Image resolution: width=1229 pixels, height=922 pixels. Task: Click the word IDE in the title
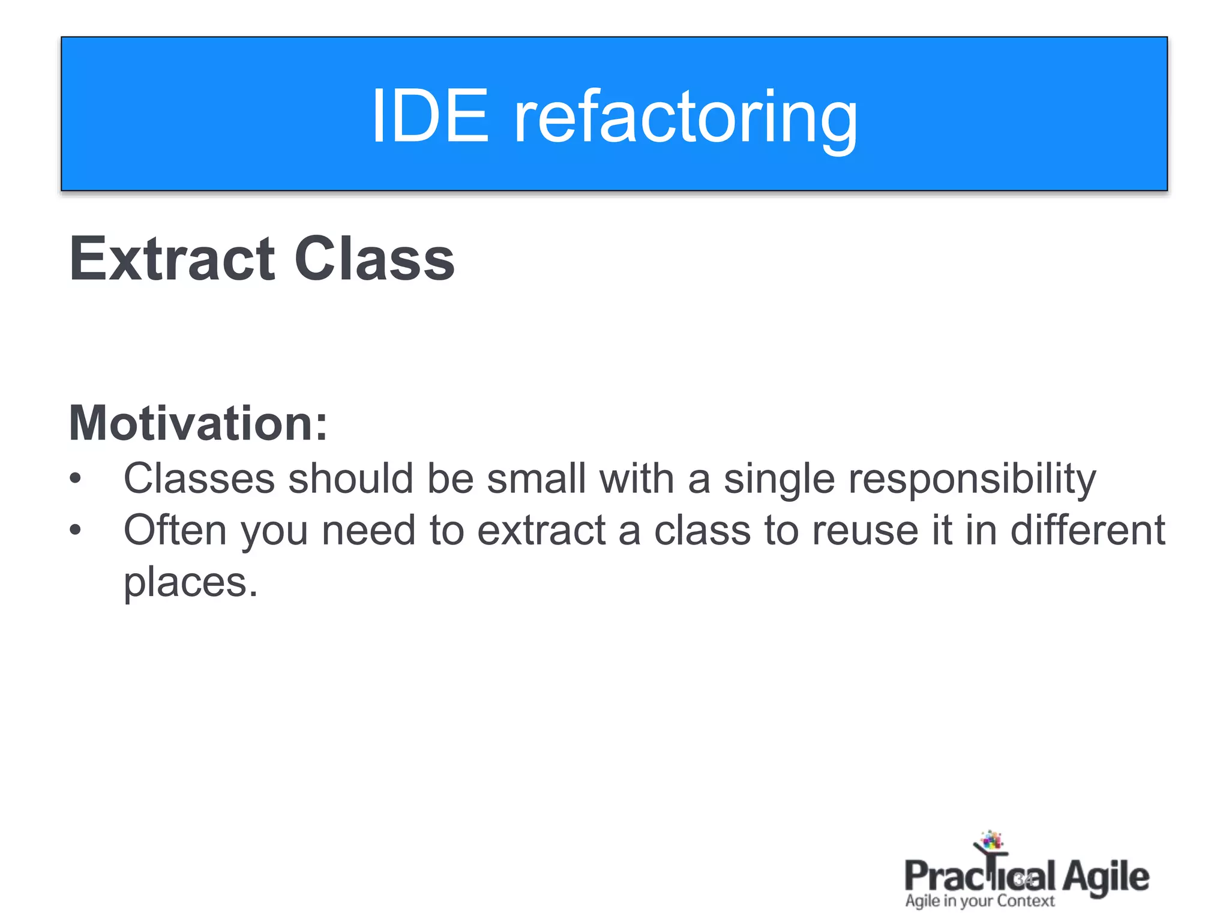(x=430, y=115)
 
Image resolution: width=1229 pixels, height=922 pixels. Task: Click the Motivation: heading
(x=199, y=423)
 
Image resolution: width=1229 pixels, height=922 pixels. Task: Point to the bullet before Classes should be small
(x=75, y=479)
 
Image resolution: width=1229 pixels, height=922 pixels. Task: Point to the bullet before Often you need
(x=75, y=531)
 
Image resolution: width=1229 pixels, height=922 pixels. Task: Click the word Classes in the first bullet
(x=199, y=479)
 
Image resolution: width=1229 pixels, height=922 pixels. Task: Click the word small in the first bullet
(x=535, y=479)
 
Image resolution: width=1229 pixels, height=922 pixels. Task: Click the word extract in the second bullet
(x=541, y=531)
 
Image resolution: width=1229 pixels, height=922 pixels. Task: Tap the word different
(x=1087, y=531)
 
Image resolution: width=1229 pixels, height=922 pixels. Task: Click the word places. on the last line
(x=191, y=582)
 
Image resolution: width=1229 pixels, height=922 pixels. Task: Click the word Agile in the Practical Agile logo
(x=1106, y=877)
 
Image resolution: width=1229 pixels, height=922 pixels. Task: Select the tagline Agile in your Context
(x=979, y=901)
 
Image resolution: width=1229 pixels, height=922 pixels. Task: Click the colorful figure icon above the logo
(x=991, y=841)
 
